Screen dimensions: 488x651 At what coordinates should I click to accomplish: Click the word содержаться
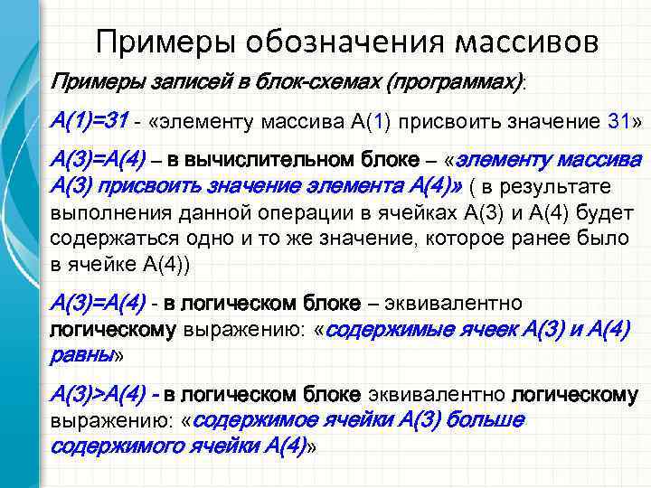tap(105, 239)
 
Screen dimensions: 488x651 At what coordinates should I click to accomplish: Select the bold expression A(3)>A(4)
tap(99, 395)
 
